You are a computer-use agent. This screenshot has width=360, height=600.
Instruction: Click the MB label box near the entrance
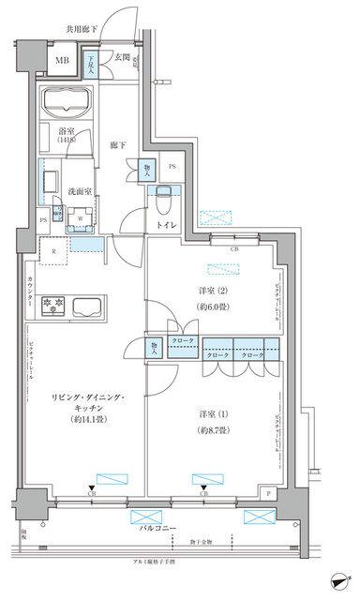[x=62, y=62]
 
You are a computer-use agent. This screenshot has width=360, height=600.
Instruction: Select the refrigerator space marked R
[x=55, y=252]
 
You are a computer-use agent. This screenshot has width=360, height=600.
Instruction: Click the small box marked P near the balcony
[x=269, y=492]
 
